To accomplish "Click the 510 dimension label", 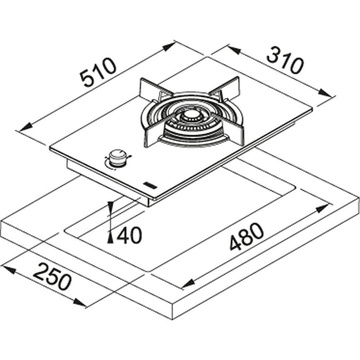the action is tap(100, 73).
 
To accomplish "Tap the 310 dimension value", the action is tap(285, 61).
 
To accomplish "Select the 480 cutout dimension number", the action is tap(246, 236).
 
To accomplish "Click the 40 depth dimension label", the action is tap(129, 235).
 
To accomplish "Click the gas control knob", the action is tap(116, 157).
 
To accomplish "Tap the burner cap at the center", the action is tap(190, 116).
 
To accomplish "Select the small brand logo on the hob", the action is tap(147, 184).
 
